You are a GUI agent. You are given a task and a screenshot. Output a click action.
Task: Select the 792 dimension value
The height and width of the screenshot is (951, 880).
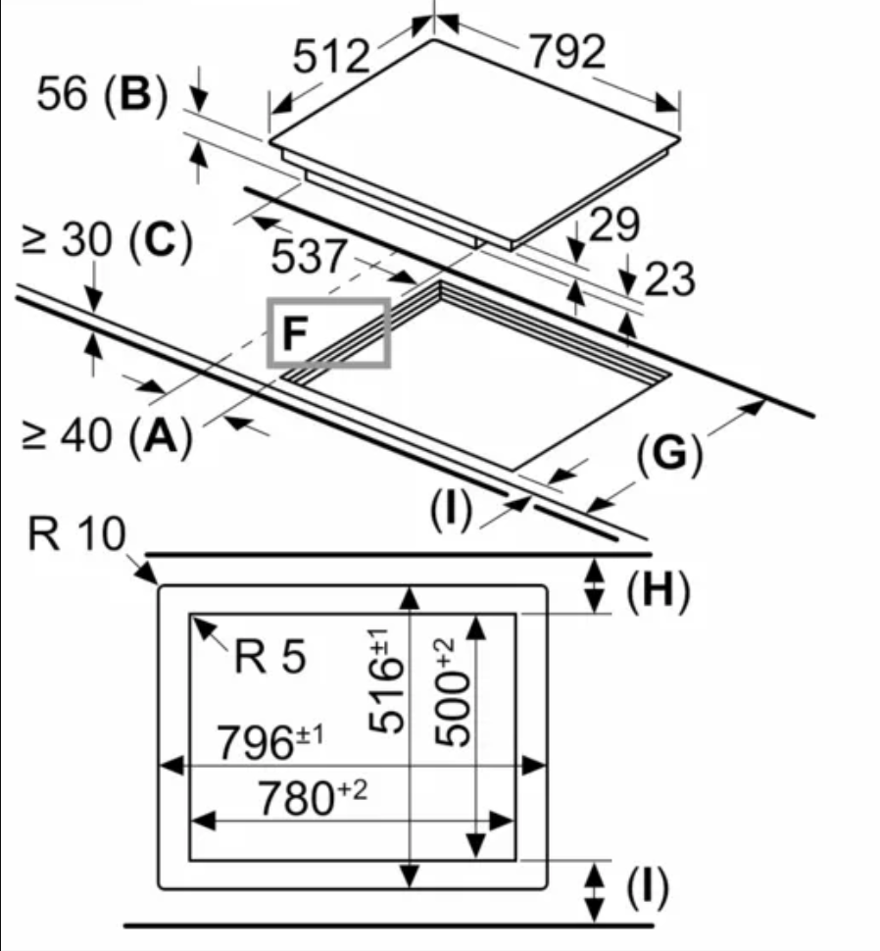(x=567, y=52)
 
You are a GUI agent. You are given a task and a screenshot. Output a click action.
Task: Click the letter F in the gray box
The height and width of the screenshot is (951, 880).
(x=294, y=334)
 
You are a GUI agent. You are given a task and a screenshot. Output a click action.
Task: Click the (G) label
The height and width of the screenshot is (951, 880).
(x=669, y=455)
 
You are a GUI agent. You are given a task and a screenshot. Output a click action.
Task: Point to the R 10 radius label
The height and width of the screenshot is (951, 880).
(x=77, y=535)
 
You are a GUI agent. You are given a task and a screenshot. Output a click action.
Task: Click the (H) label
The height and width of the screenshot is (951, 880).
(x=659, y=590)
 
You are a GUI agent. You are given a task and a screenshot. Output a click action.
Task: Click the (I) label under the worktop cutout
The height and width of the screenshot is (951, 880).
(x=450, y=508)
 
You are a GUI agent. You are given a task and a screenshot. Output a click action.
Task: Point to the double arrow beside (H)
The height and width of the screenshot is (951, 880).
(x=594, y=585)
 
